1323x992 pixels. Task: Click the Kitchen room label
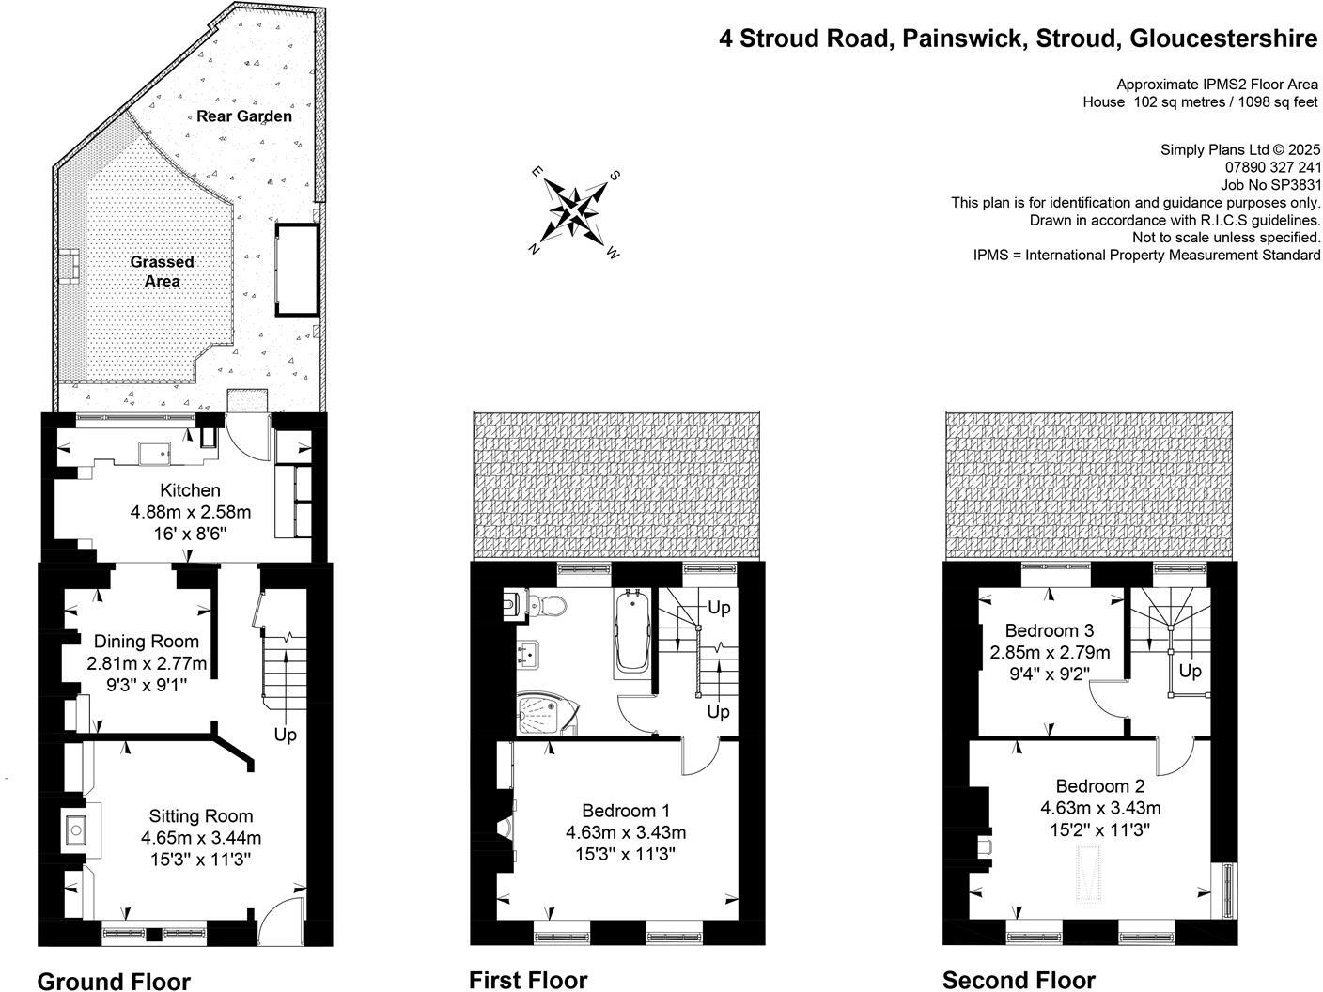click(x=190, y=490)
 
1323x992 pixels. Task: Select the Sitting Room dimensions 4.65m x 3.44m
click(x=201, y=838)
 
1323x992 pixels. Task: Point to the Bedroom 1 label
click(x=625, y=811)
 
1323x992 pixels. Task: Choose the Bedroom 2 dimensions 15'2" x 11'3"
click(x=1100, y=829)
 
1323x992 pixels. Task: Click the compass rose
click(x=574, y=212)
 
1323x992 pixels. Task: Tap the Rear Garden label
click(x=244, y=116)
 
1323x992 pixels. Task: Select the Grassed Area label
click(x=162, y=271)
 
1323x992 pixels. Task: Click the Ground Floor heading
click(x=114, y=981)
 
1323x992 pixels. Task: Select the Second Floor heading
click(x=1019, y=980)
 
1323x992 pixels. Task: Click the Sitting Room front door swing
click(x=282, y=921)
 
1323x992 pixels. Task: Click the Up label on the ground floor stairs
click(x=285, y=734)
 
